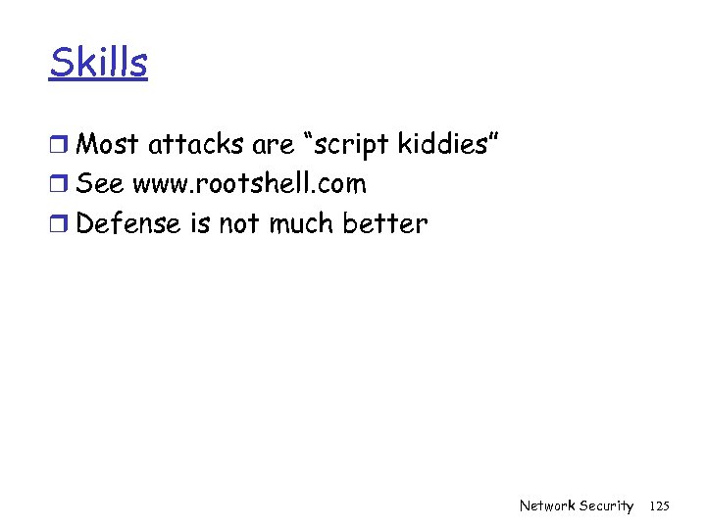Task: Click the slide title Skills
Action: [x=98, y=64]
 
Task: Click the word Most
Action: [x=108, y=145]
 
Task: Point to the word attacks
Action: [x=196, y=145]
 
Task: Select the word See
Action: [x=100, y=184]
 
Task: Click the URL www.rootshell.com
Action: [x=249, y=184]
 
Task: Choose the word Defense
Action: [x=128, y=223]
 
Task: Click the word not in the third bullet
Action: [x=238, y=223]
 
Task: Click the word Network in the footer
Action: [x=547, y=505]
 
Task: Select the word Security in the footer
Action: [x=606, y=505]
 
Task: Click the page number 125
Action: [x=660, y=505]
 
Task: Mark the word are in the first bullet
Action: [x=272, y=145]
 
